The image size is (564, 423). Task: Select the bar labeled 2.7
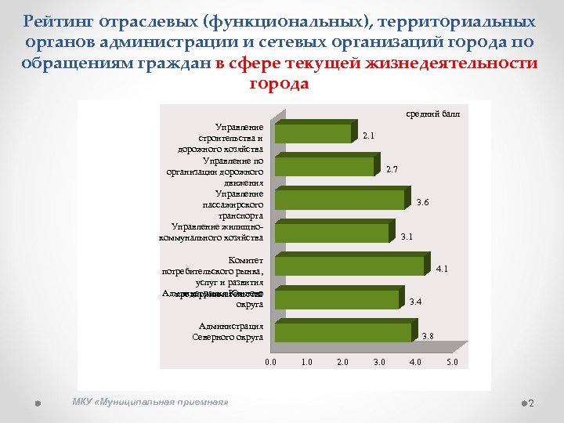pos(325,167)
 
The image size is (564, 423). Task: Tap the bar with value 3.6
pos(342,200)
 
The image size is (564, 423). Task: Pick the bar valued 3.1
pos(333,233)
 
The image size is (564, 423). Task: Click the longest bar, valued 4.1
pos(352,266)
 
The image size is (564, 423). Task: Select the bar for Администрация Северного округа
pos(345,332)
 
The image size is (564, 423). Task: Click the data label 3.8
pos(428,336)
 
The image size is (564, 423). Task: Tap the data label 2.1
pos(368,136)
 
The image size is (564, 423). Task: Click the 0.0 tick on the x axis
pos(271,362)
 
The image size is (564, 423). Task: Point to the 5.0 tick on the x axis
pos(452,362)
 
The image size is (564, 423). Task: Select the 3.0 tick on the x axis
pos(380,362)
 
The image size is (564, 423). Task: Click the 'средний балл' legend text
pos(432,114)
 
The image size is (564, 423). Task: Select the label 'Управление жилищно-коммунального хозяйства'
pos(211,232)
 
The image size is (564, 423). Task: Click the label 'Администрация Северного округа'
pos(228,331)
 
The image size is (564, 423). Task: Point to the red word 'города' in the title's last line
pos(279,83)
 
